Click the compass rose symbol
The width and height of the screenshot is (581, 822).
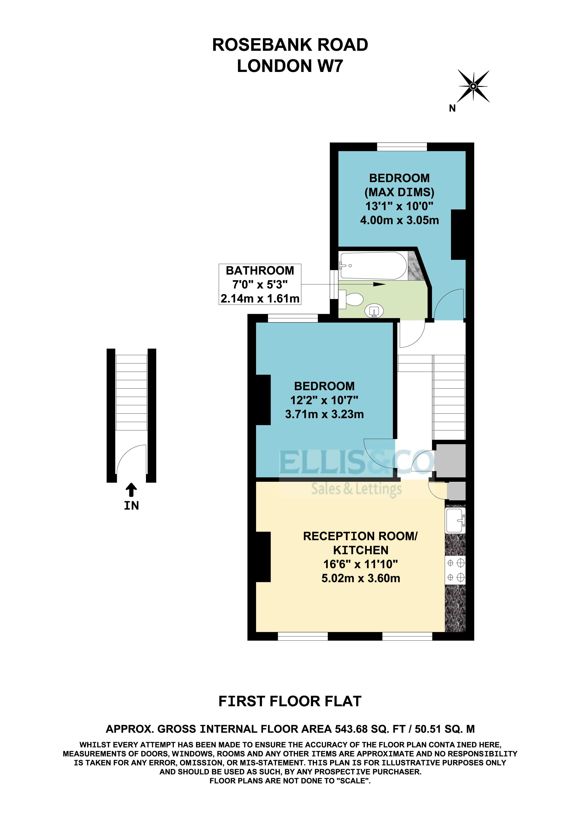pyautogui.click(x=473, y=86)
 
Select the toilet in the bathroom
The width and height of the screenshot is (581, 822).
pyautogui.click(x=352, y=299)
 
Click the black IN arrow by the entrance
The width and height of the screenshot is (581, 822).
pyautogui.click(x=131, y=490)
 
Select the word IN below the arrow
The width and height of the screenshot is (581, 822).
pyautogui.click(x=131, y=505)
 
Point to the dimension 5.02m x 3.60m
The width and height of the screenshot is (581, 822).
pyautogui.click(x=361, y=578)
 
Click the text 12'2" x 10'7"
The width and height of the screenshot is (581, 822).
pyautogui.click(x=324, y=400)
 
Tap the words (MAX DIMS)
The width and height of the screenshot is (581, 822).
pyautogui.click(x=399, y=192)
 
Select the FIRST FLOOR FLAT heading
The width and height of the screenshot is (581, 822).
pyautogui.click(x=290, y=701)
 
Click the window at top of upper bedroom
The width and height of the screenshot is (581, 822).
pyautogui.click(x=402, y=147)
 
